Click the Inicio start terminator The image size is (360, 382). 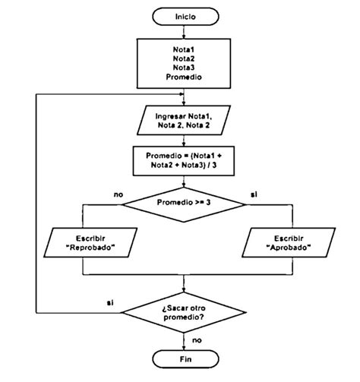[185, 15]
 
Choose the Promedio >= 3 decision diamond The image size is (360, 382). [185, 204]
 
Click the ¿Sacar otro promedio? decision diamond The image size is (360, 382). [185, 313]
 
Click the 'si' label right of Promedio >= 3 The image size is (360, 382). [252, 195]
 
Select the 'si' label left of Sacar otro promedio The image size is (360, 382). [110, 304]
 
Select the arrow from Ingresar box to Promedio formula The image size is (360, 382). [185, 140]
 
